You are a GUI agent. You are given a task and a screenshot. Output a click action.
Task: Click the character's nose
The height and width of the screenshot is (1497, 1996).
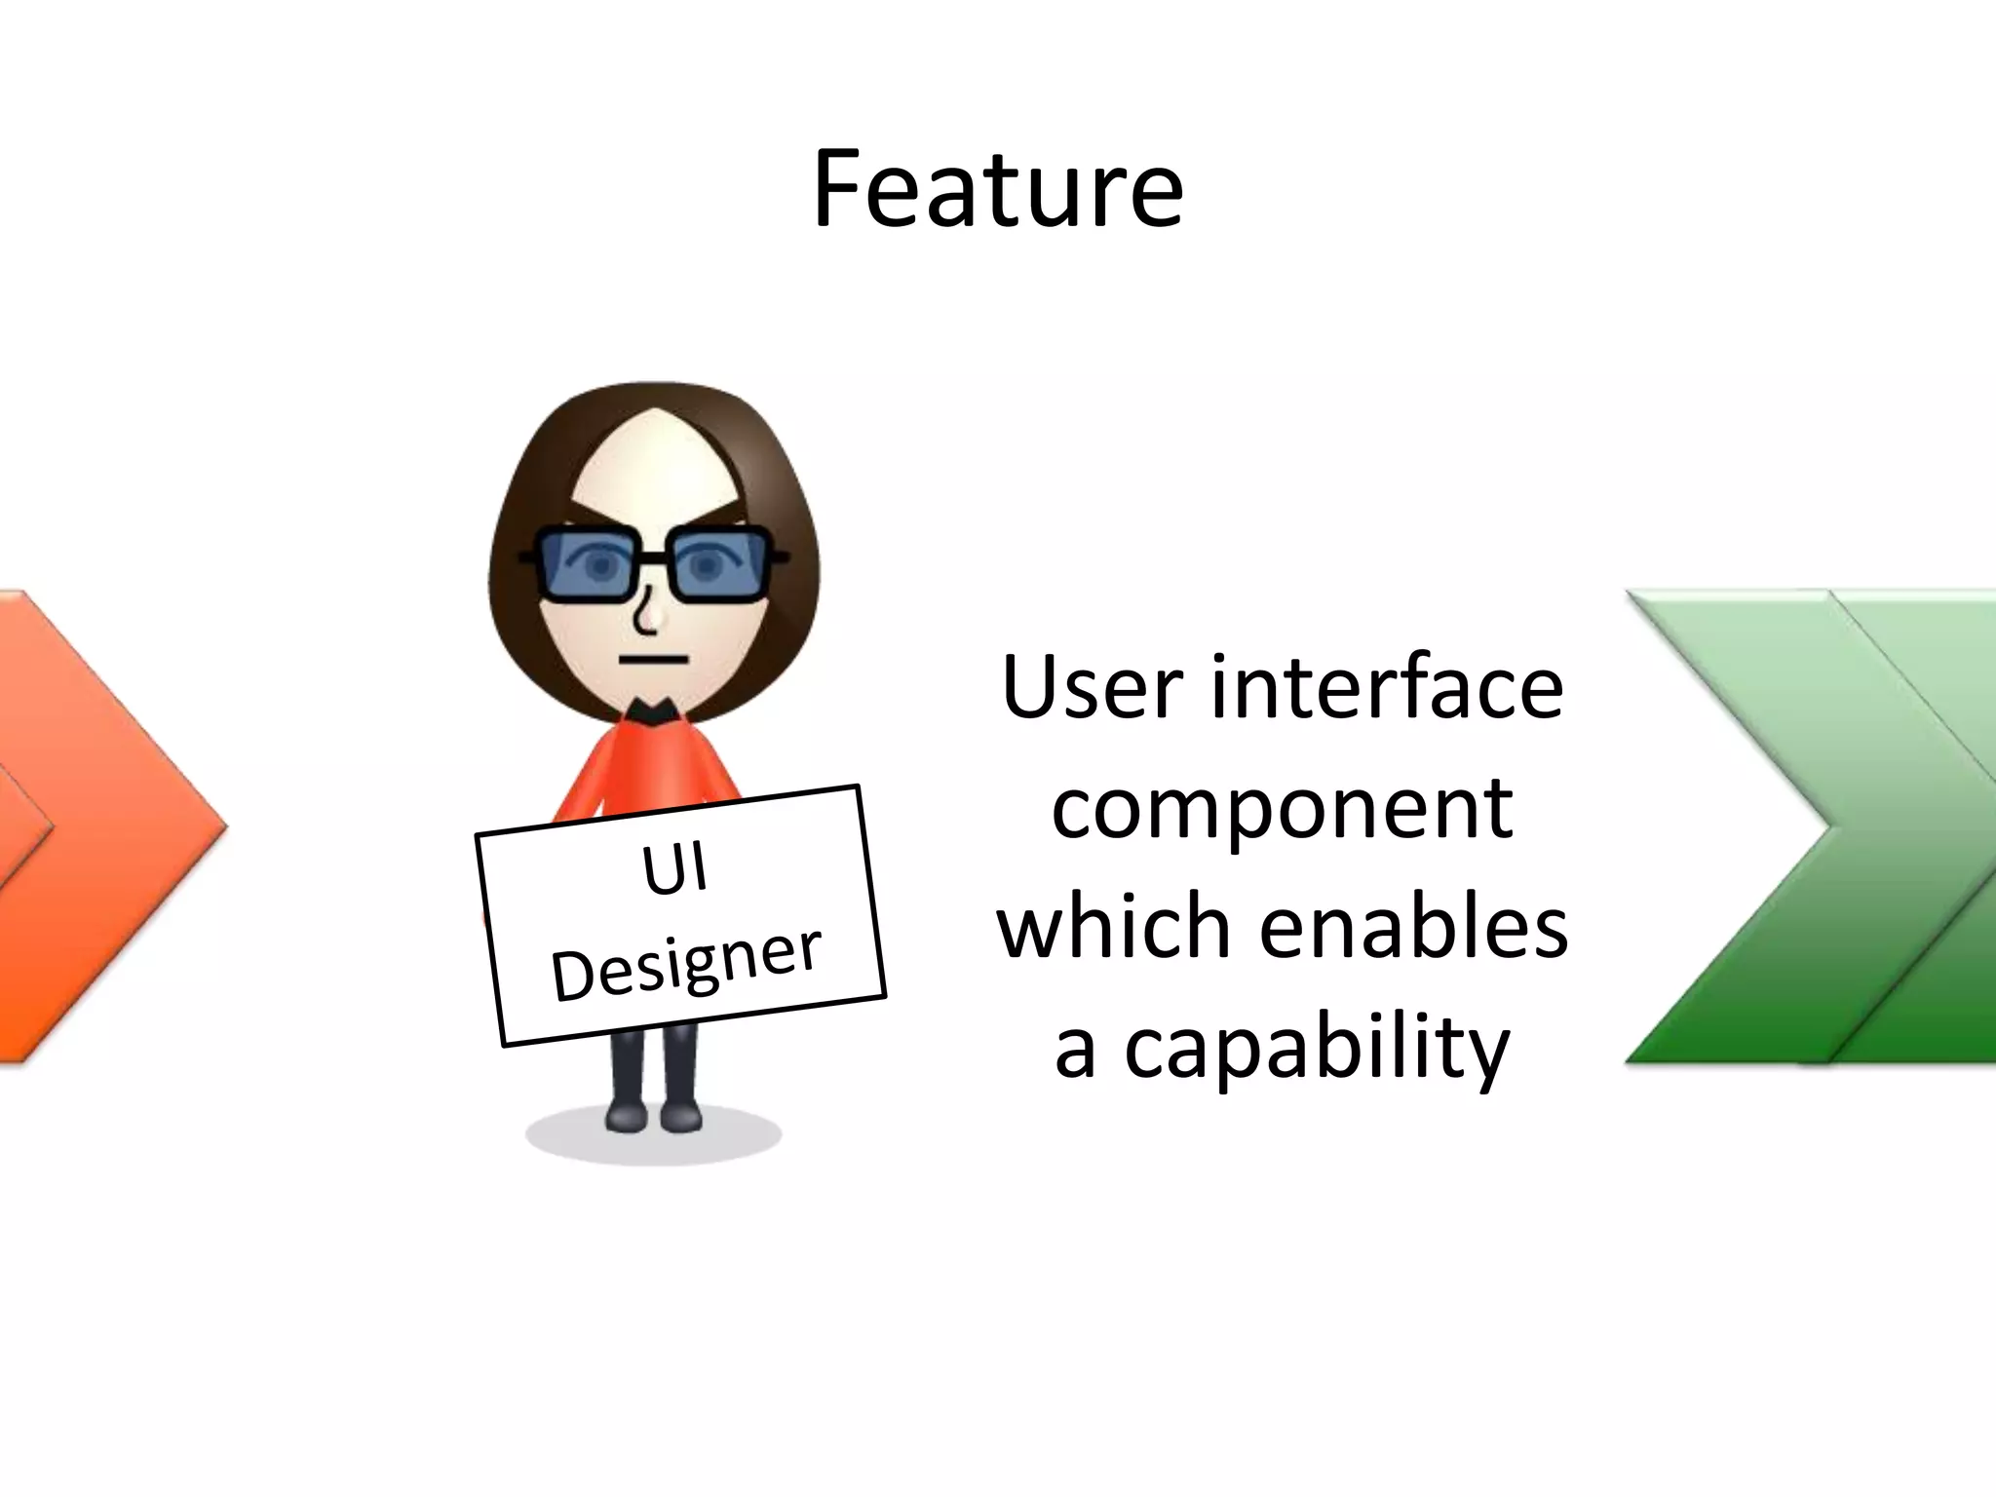coord(648,614)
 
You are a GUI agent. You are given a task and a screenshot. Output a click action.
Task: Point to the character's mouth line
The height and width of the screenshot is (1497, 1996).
coord(652,660)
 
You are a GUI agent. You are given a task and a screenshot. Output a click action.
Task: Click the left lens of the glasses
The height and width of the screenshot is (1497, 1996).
coord(592,564)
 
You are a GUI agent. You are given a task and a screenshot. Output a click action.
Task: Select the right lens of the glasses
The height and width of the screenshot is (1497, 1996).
coord(716,564)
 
